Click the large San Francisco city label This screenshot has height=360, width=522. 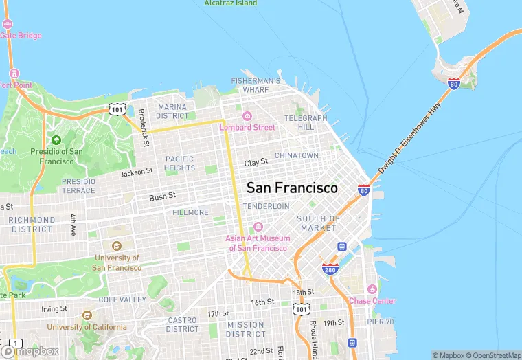coord(292,188)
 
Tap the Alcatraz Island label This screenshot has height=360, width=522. coord(231,3)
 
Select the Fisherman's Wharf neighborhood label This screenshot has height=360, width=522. coord(256,85)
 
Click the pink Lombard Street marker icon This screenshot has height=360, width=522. coord(247,115)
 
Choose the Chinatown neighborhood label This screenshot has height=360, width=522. coord(297,155)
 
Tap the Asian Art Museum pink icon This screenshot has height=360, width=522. coord(258,227)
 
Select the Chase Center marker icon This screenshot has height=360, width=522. coord(372,289)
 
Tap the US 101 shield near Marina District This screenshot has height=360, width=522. coord(115,109)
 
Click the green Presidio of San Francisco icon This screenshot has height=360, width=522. coord(56,140)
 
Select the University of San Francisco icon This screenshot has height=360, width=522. coord(115,246)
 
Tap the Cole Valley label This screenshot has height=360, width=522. coord(122,300)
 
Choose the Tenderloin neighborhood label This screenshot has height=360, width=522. coord(265,206)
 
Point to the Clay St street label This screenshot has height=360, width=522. coord(256,163)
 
